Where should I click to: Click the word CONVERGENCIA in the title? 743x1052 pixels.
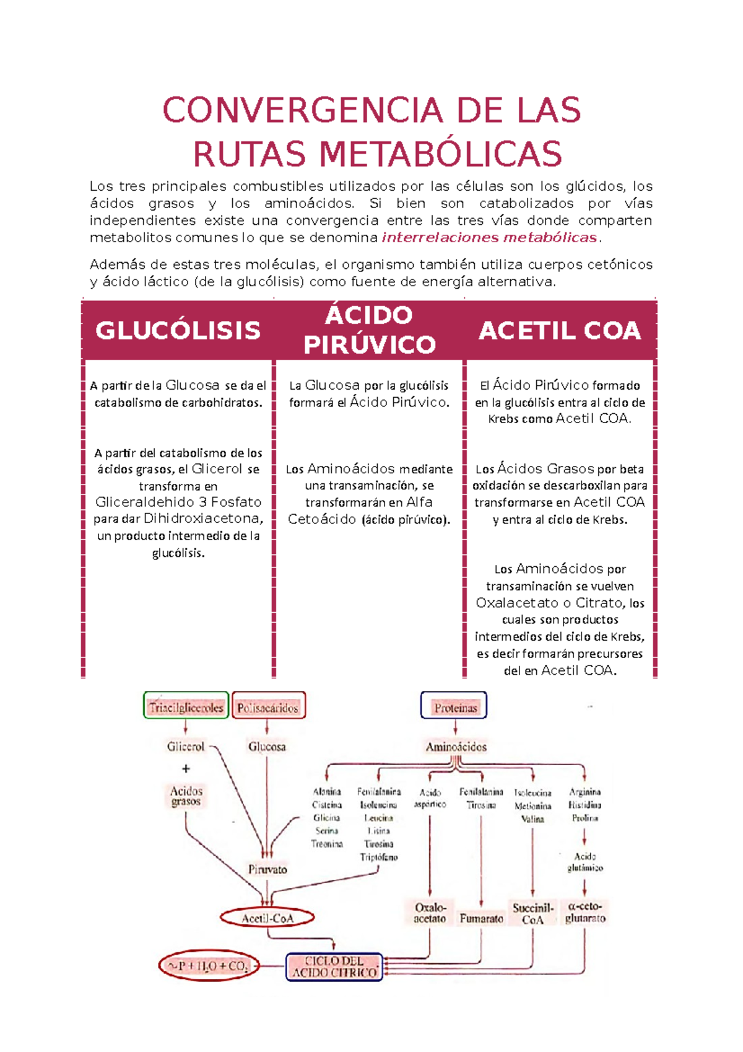pyautogui.click(x=302, y=111)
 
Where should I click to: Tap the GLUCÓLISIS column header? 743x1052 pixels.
pyautogui.click(x=178, y=330)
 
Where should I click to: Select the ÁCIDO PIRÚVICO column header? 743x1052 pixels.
pyautogui.click(x=369, y=330)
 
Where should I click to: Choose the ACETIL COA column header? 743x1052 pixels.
pyautogui.click(x=559, y=330)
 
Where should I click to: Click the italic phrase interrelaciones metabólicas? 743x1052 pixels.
pyautogui.click(x=489, y=237)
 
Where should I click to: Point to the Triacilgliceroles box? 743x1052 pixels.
pyautogui.click(x=186, y=707)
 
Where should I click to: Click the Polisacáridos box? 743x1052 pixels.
pyautogui.click(x=268, y=707)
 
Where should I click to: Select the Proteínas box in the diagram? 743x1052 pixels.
pyautogui.click(x=454, y=707)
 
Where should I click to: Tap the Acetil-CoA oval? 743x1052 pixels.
pyautogui.click(x=267, y=918)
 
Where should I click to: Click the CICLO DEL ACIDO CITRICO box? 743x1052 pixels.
pyautogui.click(x=334, y=967)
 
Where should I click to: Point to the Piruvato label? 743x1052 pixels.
pyautogui.click(x=267, y=869)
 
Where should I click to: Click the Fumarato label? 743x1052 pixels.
pyautogui.click(x=481, y=918)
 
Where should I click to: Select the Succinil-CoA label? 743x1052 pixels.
pyautogui.click(x=532, y=913)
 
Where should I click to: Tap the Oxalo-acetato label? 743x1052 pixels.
pyautogui.click(x=430, y=913)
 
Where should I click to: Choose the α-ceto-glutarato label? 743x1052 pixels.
pyautogui.click(x=585, y=912)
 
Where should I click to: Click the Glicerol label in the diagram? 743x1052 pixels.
pyautogui.click(x=185, y=747)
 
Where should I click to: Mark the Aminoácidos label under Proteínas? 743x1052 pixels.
pyautogui.click(x=456, y=747)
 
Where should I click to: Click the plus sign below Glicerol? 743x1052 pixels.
pyautogui.click(x=186, y=769)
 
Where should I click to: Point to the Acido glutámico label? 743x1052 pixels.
pyautogui.click(x=585, y=862)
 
